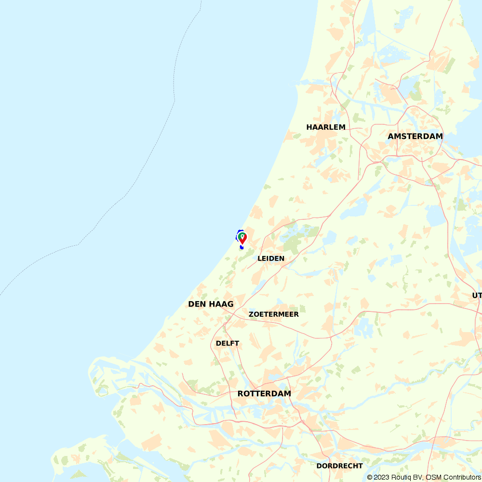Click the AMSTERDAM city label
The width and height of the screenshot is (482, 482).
[x=415, y=136]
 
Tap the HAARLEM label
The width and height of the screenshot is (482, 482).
[x=326, y=127]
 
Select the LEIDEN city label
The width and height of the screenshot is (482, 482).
[x=271, y=258]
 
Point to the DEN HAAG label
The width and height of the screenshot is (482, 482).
[x=211, y=304]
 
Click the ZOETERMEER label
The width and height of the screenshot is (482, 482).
[x=273, y=314]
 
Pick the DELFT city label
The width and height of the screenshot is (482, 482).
[x=228, y=343]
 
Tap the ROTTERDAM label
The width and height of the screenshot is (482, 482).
[x=264, y=394]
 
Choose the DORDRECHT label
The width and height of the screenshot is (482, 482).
[x=339, y=466]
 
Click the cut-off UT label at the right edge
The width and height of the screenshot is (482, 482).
[x=477, y=295]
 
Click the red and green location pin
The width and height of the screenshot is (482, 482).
[x=242, y=238]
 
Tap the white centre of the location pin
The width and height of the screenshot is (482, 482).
[x=242, y=236]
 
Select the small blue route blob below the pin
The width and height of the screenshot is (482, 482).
[x=241, y=247]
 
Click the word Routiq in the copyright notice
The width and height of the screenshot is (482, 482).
[x=401, y=477]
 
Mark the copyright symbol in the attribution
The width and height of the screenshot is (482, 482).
[x=370, y=477]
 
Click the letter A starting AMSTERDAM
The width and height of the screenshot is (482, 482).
[x=391, y=136]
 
